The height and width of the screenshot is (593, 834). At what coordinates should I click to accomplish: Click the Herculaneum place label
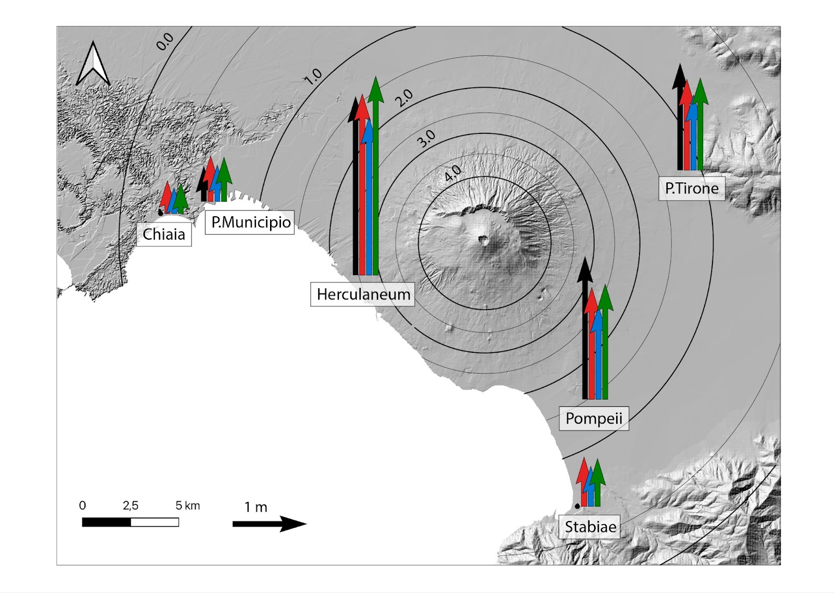[x=363, y=294]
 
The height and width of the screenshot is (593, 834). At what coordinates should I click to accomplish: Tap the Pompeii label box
[x=594, y=418]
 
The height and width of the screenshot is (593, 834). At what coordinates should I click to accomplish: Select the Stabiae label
[x=590, y=527]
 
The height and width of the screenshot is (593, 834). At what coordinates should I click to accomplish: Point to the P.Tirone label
[x=692, y=188]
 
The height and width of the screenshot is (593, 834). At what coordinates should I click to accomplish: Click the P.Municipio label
[x=250, y=223]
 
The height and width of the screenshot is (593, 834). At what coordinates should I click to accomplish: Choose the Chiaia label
[x=164, y=234]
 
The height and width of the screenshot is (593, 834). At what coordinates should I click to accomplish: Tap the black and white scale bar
[x=130, y=522]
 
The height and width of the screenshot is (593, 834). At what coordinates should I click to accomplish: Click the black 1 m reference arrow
[x=269, y=524]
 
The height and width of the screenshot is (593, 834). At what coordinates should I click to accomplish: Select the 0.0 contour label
[x=165, y=41]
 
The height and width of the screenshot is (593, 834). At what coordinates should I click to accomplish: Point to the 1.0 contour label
[x=313, y=77]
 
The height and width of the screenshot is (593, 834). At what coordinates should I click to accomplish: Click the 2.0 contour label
[x=403, y=97]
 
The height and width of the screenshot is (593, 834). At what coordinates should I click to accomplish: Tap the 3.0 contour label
[x=426, y=138]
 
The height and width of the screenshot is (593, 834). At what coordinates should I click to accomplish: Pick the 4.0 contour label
[x=452, y=173]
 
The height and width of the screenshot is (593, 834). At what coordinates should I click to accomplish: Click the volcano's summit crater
[x=484, y=240]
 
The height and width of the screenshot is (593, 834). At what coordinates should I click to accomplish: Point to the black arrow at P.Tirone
[x=679, y=120]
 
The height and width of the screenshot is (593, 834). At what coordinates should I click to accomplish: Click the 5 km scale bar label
[x=188, y=505]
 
